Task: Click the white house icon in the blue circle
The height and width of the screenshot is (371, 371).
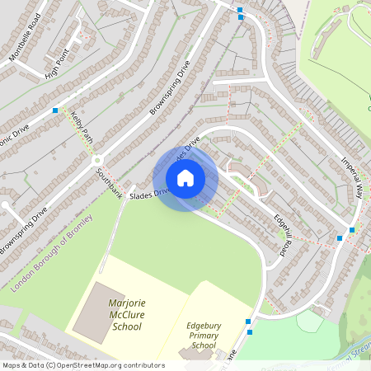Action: pos(185,178)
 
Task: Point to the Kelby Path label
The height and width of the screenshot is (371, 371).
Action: pos(80,125)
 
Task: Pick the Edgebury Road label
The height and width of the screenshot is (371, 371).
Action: pos(284,236)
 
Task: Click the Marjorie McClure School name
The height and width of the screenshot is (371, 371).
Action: pos(125,315)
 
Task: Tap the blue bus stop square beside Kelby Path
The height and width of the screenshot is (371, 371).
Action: pos(55,110)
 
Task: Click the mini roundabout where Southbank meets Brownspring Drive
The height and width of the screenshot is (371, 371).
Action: pos(96,160)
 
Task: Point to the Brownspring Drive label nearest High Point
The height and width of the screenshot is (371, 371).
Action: pos(170,86)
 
